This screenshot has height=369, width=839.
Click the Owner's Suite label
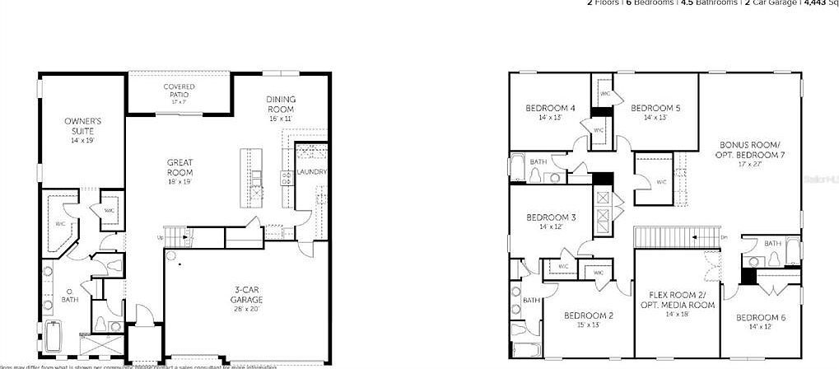[x=82, y=126]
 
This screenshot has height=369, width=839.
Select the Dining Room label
[x=281, y=105]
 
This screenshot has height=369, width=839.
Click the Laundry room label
[x=312, y=172]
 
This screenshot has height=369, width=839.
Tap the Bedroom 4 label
[x=551, y=108]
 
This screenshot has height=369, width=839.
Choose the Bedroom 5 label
[x=655, y=108]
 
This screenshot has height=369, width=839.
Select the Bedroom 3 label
[x=551, y=217]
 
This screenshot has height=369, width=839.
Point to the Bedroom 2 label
[x=588, y=315]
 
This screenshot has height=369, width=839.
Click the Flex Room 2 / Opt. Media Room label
[x=678, y=300]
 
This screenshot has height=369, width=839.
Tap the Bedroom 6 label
[x=761, y=318]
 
